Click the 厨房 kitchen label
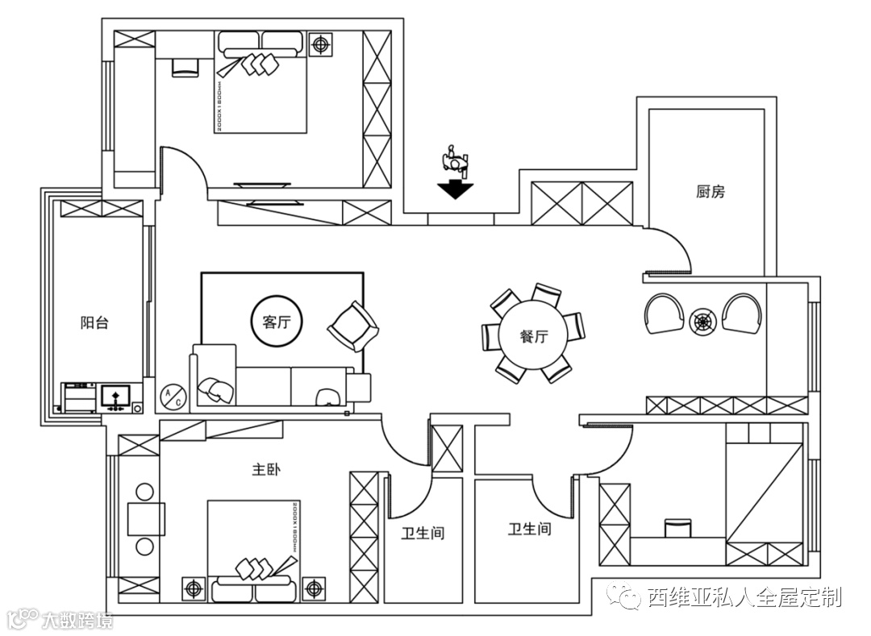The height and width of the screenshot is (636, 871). point(711,192)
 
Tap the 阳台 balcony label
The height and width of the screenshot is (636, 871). point(94,323)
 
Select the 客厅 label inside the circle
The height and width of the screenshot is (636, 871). point(277,322)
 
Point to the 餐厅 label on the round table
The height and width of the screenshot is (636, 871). point(533,336)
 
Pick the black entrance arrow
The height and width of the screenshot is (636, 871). point(456,189)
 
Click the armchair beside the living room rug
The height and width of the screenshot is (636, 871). point(353,326)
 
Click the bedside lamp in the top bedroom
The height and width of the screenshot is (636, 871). point(322,44)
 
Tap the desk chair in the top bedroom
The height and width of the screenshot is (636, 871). point(185,67)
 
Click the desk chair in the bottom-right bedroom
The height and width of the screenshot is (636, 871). point(677,527)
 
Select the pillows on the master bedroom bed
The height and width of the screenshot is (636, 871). point(256,569)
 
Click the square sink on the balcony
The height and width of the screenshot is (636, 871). point(116,396)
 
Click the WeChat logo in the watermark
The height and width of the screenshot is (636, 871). point(626,597)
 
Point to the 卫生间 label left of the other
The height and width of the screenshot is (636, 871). point(423,533)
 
